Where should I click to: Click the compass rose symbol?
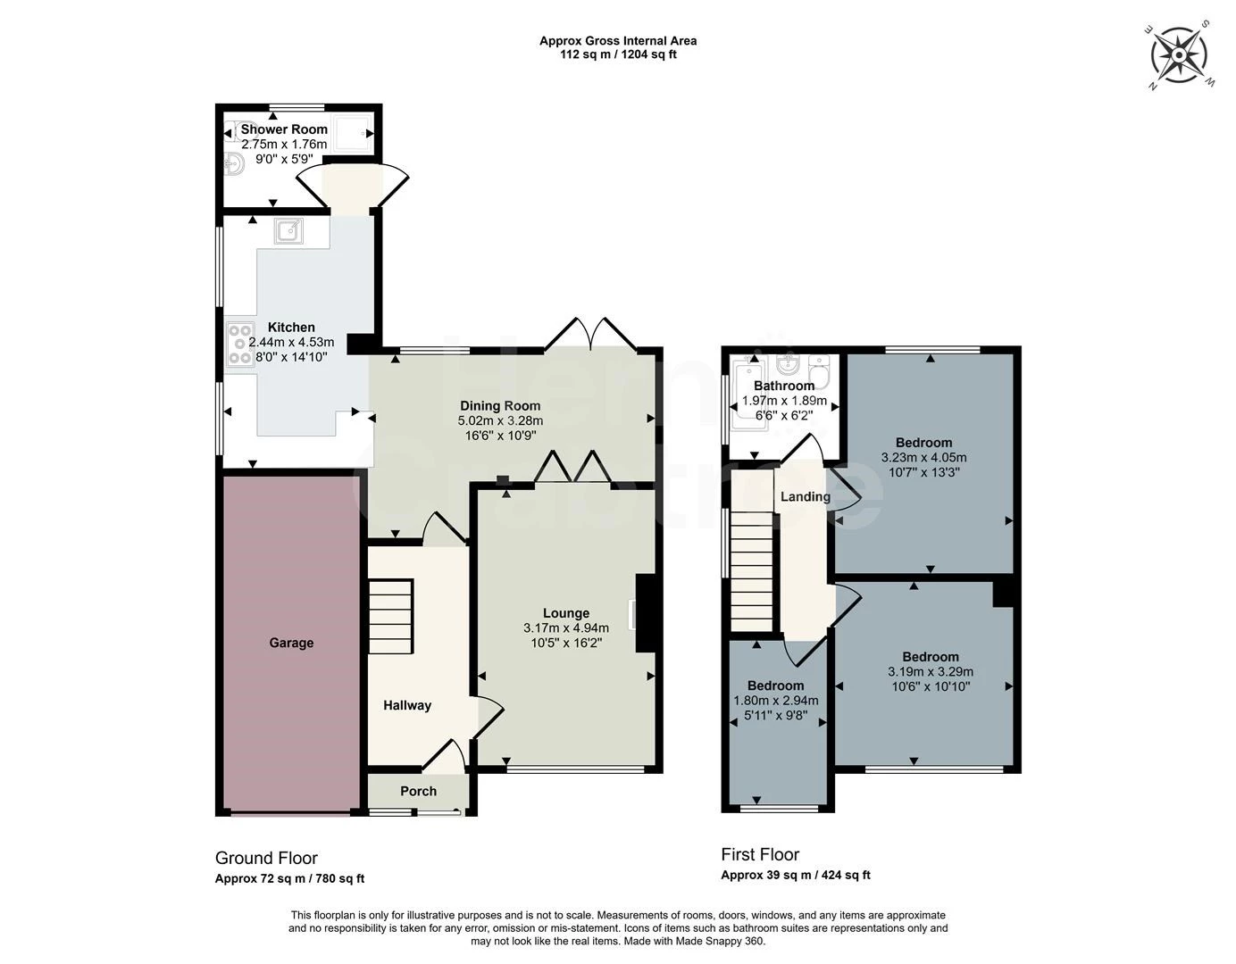click(1179, 55)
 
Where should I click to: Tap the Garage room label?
click(291, 643)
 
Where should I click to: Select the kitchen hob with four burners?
click(240, 344)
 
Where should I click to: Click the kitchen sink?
click(288, 231)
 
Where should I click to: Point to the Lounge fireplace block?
click(645, 613)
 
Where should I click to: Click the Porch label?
click(418, 791)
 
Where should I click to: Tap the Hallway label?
click(407, 705)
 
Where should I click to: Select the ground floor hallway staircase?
click(391, 616)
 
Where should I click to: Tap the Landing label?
click(805, 497)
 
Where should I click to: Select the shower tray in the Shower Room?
click(354, 135)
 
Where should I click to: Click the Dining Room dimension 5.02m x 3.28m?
click(500, 421)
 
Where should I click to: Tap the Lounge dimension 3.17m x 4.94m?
click(566, 628)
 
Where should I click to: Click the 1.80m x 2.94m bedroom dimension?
click(776, 701)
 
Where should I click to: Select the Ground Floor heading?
click(266, 858)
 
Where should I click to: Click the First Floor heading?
click(760, 854)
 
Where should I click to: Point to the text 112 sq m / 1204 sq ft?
click(618, 55)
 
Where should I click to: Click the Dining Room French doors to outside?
click(590, 336)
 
